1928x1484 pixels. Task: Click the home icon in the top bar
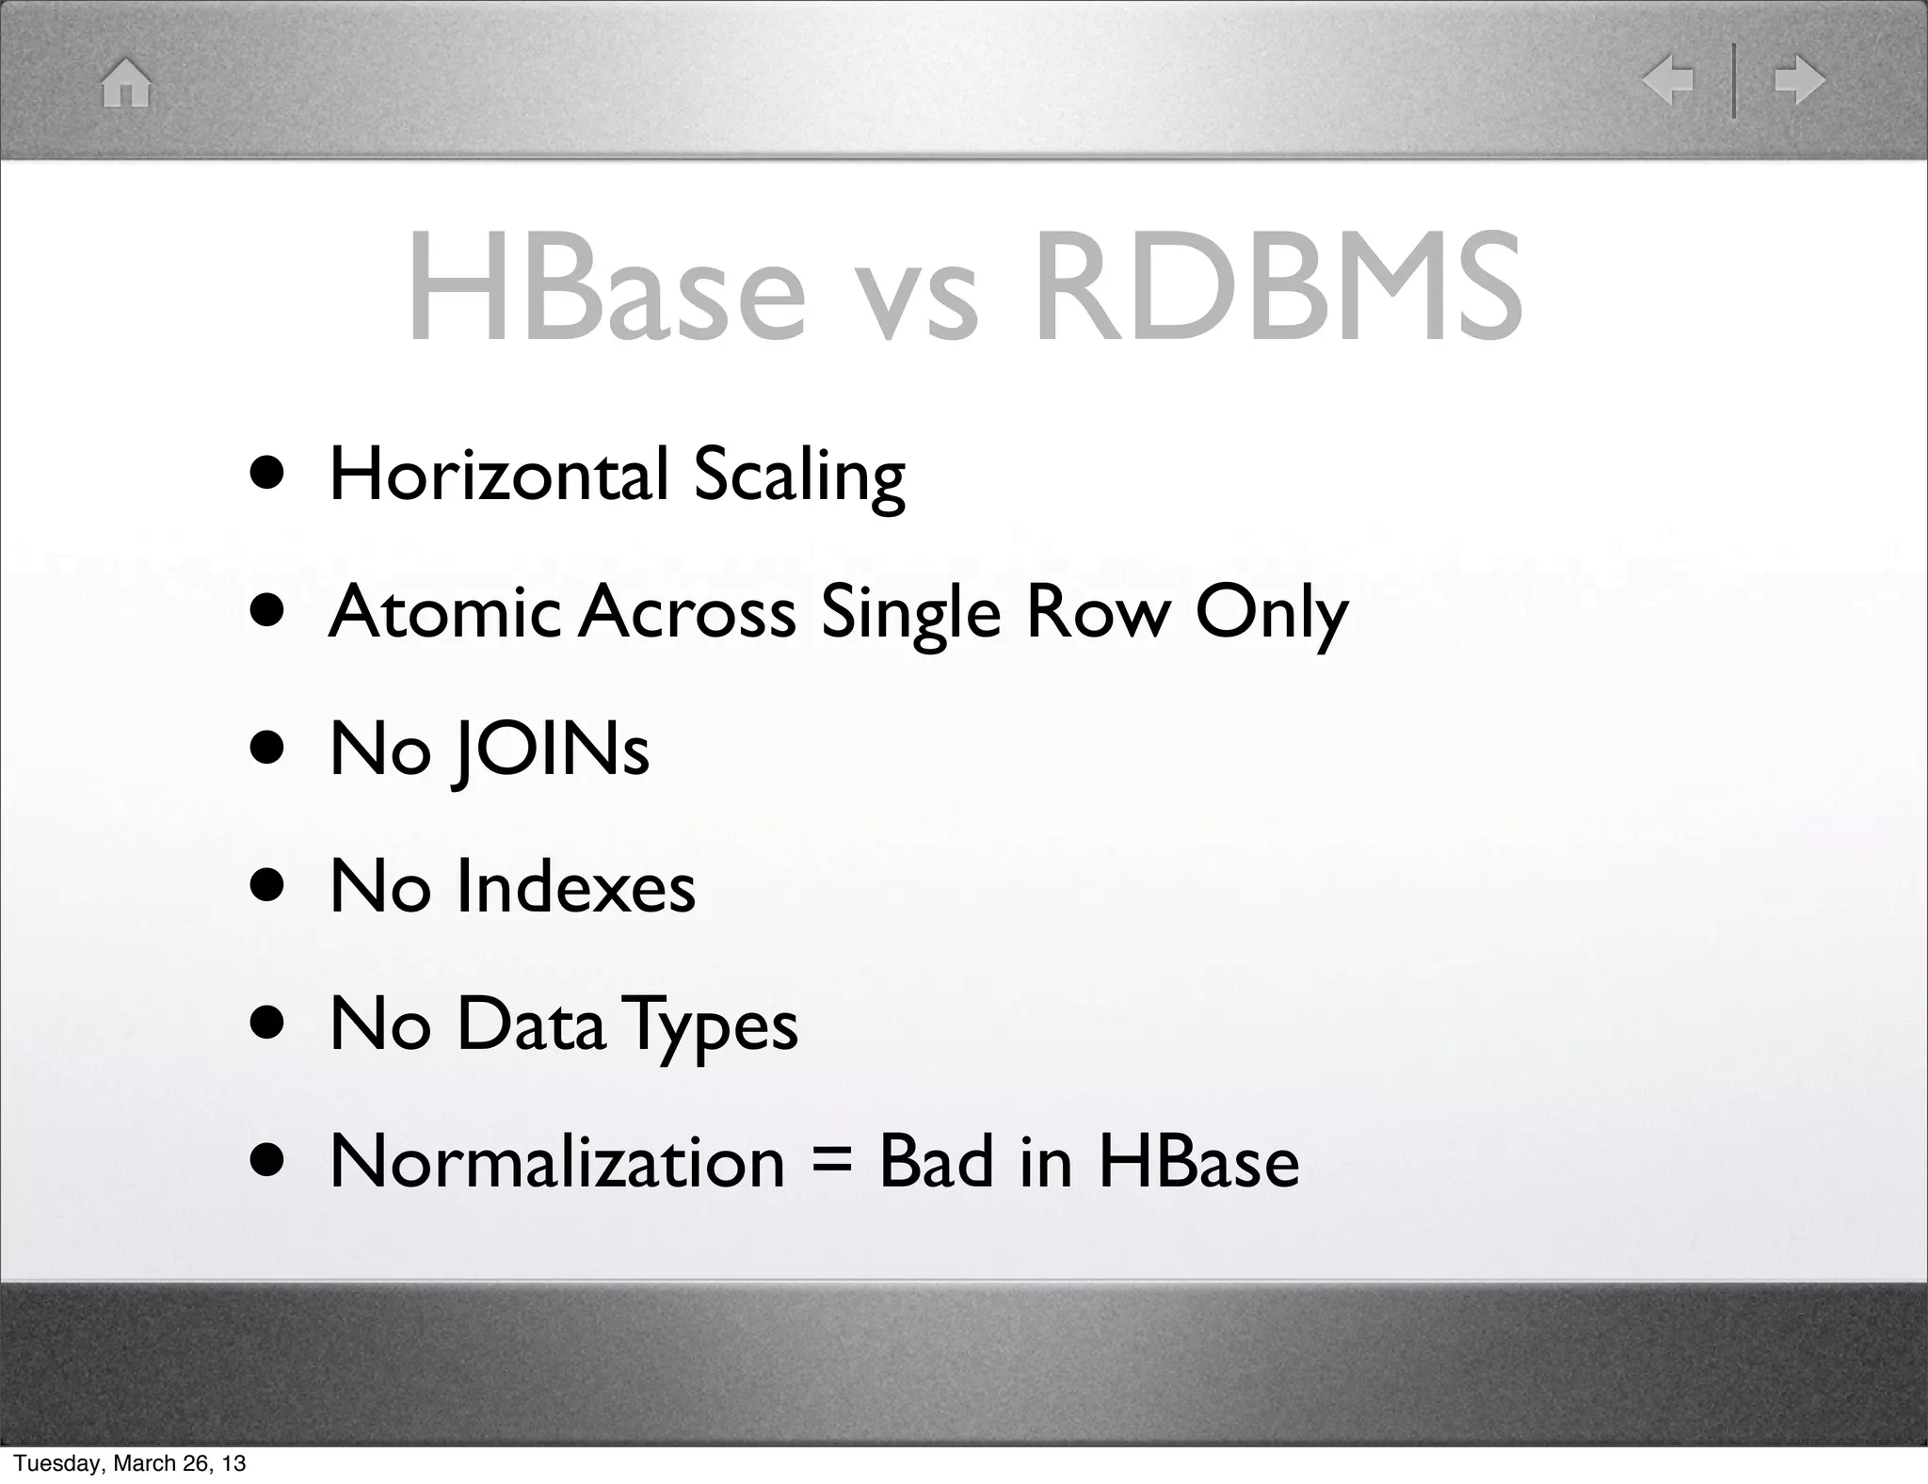126,83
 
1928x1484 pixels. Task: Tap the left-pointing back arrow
1667,81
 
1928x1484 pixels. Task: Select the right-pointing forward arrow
1799,81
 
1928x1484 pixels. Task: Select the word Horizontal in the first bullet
498,475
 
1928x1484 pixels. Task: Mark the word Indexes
575,887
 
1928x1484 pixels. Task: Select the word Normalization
557,1162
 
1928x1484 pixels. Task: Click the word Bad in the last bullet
936,1162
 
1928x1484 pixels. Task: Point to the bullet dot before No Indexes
267,887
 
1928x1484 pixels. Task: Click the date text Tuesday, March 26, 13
129,1462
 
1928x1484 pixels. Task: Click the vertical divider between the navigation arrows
1734,82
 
